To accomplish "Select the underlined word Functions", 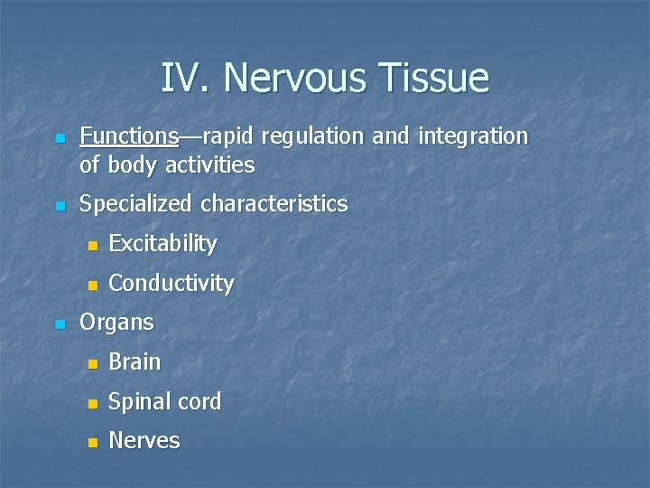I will pos(129,136).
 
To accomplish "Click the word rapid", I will pos(233,136).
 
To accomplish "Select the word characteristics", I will pos(274,204).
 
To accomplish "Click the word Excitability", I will pos(162,244).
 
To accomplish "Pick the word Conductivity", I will pos(171,284).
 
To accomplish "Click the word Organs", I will pos(117,323).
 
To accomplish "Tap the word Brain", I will pos(135,362).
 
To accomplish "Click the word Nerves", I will pos(144,441).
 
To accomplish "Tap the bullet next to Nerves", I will pos(90,443).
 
